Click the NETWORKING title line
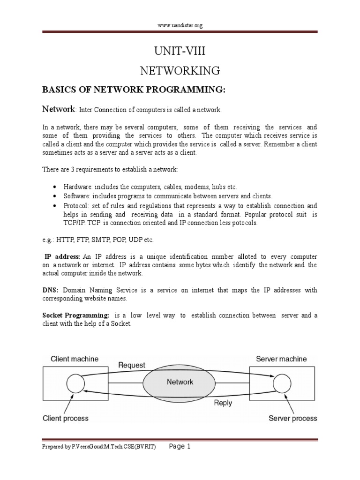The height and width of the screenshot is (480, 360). click(180, 71)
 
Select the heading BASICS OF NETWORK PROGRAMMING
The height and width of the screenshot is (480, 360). click(135, 90)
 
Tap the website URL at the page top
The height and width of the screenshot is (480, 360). click(180, 26)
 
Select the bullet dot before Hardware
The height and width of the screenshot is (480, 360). click(55, 187)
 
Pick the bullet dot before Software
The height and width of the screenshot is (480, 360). click(55, 196)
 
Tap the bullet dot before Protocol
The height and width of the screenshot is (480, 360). click(55, 205)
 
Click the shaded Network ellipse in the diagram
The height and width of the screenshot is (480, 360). click(180, 382)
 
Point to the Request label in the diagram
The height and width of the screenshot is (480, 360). click(132, 365)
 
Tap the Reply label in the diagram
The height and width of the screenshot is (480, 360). click(223, 402)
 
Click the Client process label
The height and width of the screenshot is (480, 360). click(66, 418)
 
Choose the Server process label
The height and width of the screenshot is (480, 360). click(292, 418)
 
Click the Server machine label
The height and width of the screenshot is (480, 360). click(281, 359)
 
